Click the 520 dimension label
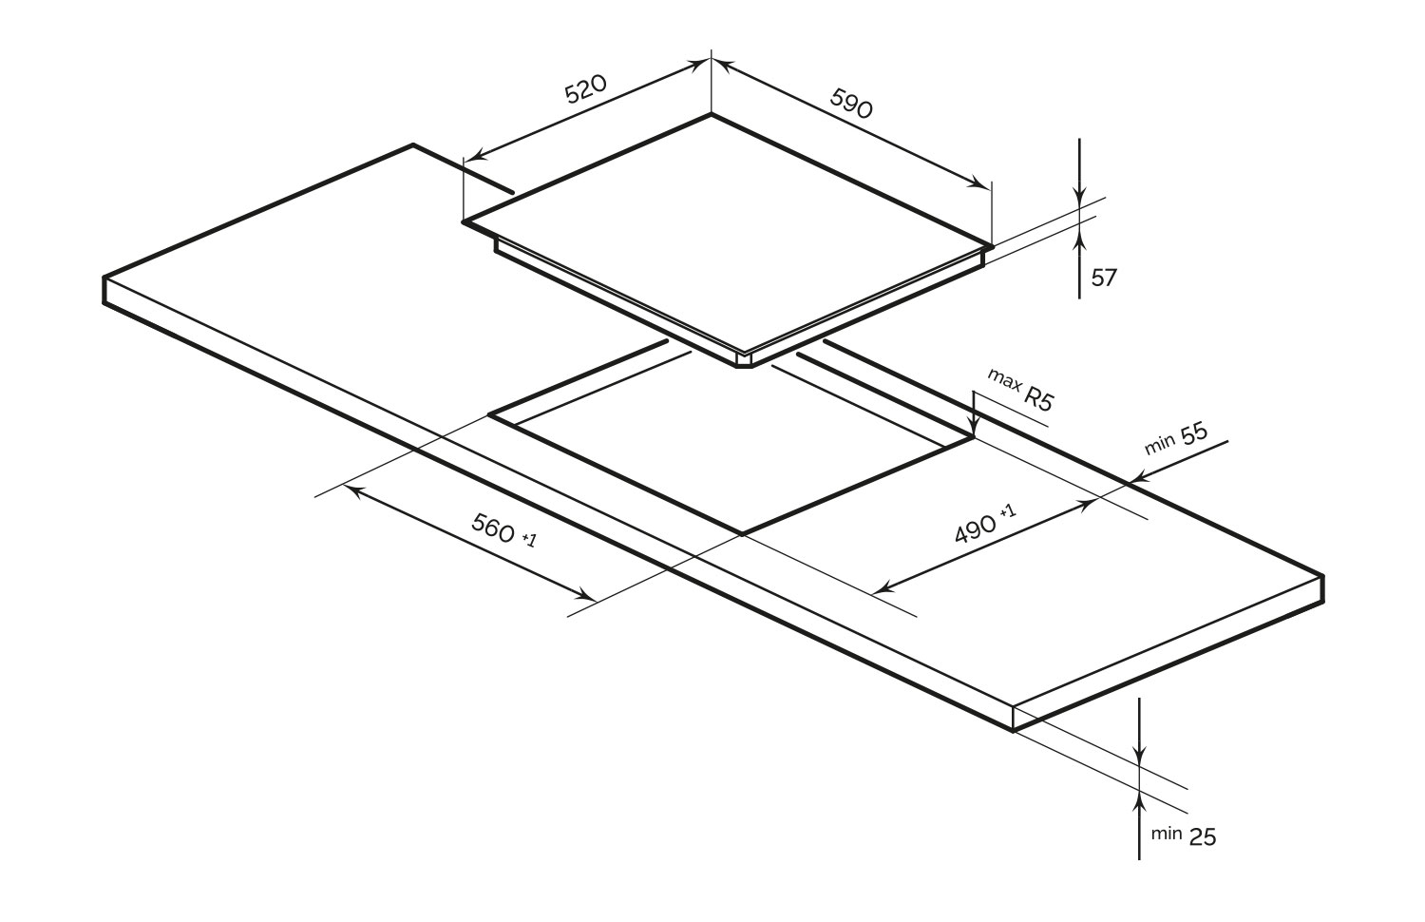pos(586,89)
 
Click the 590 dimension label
pos(851,103)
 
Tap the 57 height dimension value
pos(1104,279)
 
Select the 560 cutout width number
pos(492,528)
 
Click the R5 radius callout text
pos(1039,400)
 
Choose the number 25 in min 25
pos(1202,836)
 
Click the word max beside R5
pos(1004,379)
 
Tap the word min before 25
pos(1166,833)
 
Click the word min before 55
pos(1159,446)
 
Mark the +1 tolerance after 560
pos(529,540)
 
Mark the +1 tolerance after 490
pos(1008,511)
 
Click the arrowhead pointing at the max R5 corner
pos(973,427)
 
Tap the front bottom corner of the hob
pos(744,367)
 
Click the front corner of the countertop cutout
pos(742,534)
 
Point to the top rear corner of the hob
pos(712,114)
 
